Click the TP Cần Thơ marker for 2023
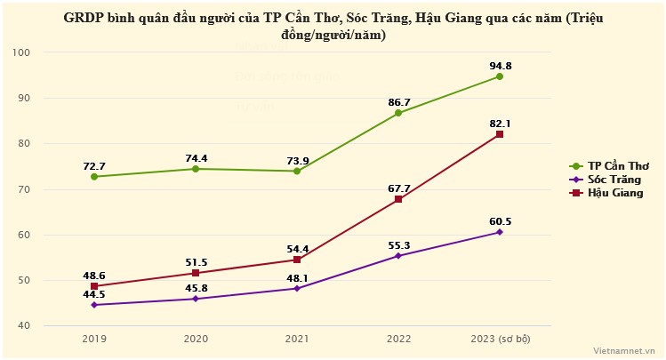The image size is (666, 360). pyautogui.click(x=500, y=76)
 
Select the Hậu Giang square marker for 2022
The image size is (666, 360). pyautogui.click(x=398, y=199)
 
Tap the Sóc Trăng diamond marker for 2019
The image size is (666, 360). pyautogui.click(x=94, y=305)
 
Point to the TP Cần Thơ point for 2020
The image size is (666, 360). pyautogui.click(x=196, y=169)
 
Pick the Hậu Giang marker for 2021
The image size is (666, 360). pyautogui.click(x=297, y=260)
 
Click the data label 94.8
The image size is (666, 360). pyautogui.click(x=500, y=65)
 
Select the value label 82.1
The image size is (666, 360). pyautogui.click(x=500, y=123)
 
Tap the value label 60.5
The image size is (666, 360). pyautogui.click(x=500, y=221)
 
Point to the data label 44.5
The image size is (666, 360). pyautogui.click(x=94, y=294)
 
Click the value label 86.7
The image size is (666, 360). pyautogui.click(x=398, y=102)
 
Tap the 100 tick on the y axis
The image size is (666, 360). pyautogui.click(x=22, y=52)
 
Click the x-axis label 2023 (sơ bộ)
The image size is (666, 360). pyautogui.click(x=500, y=339)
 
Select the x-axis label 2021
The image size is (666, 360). pyautogui.click(x=297, y=339)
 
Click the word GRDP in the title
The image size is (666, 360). pyautogui.click(x=81, y=18)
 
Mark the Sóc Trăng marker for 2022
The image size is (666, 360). pyautogui.click(x=398, y=256)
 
